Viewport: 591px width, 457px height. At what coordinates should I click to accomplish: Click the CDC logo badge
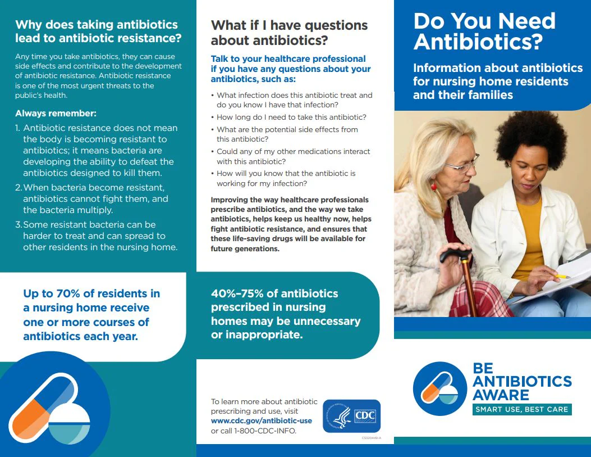pos(352,416)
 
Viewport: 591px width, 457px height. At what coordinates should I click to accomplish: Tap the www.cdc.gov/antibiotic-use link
pos(261,421)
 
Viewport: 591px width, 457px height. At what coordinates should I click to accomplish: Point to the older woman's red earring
pos(433,186)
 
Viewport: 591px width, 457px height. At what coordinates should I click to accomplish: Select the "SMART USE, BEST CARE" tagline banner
pos(522,409)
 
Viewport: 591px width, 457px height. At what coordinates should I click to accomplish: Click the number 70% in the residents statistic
pos(68,293)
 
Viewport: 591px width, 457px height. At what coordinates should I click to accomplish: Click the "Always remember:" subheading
pos(56,113)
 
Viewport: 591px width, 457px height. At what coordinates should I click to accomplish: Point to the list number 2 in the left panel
pos(19,188)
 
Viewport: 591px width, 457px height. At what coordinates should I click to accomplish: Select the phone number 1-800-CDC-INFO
pos(265,431)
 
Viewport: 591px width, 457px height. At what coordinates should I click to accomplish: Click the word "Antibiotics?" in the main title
pos(478,42)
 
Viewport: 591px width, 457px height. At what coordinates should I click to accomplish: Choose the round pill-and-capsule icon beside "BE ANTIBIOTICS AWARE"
pos(440,388)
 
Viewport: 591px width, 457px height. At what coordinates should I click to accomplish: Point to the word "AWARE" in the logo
pos(501,395)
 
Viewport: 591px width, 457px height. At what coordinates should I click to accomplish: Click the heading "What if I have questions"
pos(289,25)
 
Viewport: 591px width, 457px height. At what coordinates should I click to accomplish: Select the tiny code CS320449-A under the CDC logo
pos(371,438)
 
